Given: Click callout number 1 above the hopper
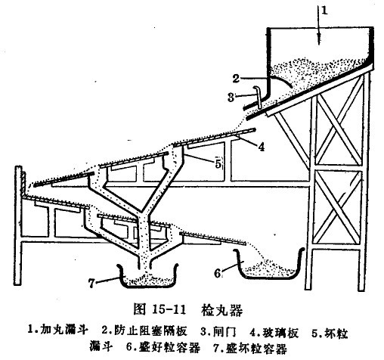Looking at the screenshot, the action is (324, 11).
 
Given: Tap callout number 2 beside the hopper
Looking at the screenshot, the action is (236, 79).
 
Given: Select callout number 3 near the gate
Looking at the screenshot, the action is (231, 97).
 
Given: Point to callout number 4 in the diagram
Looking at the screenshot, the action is (262, 147).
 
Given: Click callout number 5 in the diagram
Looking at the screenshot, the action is (218, 163).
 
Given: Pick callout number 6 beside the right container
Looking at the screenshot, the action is (218, 273).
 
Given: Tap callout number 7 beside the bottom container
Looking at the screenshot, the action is (91, 283).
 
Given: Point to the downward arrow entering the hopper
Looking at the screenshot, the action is (319, 25).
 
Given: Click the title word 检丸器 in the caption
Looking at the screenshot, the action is (221, 309).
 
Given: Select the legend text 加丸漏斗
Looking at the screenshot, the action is (64, 330).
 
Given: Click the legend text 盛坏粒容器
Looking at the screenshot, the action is (256, 349).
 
